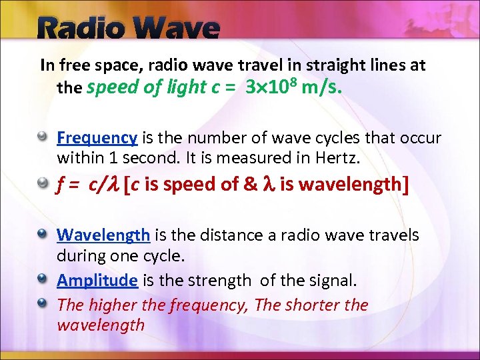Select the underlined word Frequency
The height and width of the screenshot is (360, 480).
pyautogui.click(x=97, y=138)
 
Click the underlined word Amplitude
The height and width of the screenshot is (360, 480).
pyautogui.click(x=97, y=281)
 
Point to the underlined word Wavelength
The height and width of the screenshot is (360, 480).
pyautogui.click(x=103, y=235)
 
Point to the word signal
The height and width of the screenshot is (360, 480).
pyautogui.click(x=331, y=281)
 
